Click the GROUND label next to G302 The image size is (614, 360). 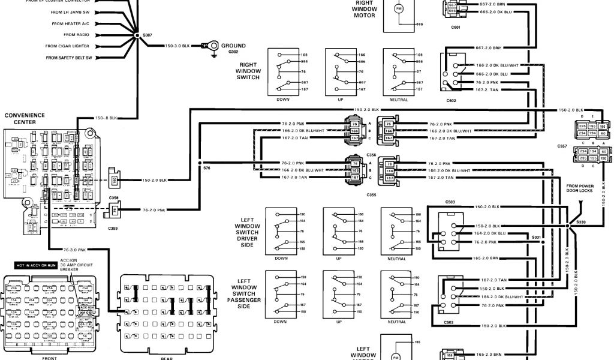[233, 46]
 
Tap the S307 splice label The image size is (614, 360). [148, 35]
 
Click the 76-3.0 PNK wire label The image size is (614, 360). [75, 250]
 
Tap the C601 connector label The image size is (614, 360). [456, 27]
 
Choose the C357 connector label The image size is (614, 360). [562, 146]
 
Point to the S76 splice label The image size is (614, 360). [206, 168]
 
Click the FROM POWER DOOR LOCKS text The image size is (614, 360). [580, 188]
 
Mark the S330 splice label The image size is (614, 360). [580, 221]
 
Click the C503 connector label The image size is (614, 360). [451, 203]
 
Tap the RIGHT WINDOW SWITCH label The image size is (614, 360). [248, 70]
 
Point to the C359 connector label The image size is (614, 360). [113, 228]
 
